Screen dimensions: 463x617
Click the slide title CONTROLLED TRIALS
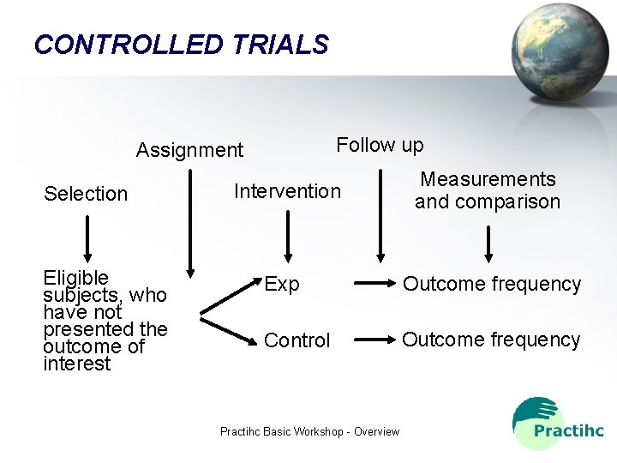(181, 45)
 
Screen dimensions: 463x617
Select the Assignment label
(189, 151)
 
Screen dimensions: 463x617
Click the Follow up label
(380, 145)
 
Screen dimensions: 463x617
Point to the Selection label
(86, 194)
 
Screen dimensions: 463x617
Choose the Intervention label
(287, 191)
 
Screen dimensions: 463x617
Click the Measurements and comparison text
(488, 190)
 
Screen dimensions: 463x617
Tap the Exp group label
(282, 284)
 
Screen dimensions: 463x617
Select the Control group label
(297, 340)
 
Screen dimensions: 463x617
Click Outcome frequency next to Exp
(492, 284)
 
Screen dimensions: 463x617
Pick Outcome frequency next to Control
(491, 340)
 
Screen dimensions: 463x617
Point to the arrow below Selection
(87, 237)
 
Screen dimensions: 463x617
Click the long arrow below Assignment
(190, 219)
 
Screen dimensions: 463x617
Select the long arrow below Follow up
(381, 214)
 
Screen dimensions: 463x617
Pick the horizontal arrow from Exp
(373, 283)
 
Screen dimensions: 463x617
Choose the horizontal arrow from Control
(373, 340)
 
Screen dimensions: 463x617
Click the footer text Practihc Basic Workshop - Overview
(309, 431)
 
